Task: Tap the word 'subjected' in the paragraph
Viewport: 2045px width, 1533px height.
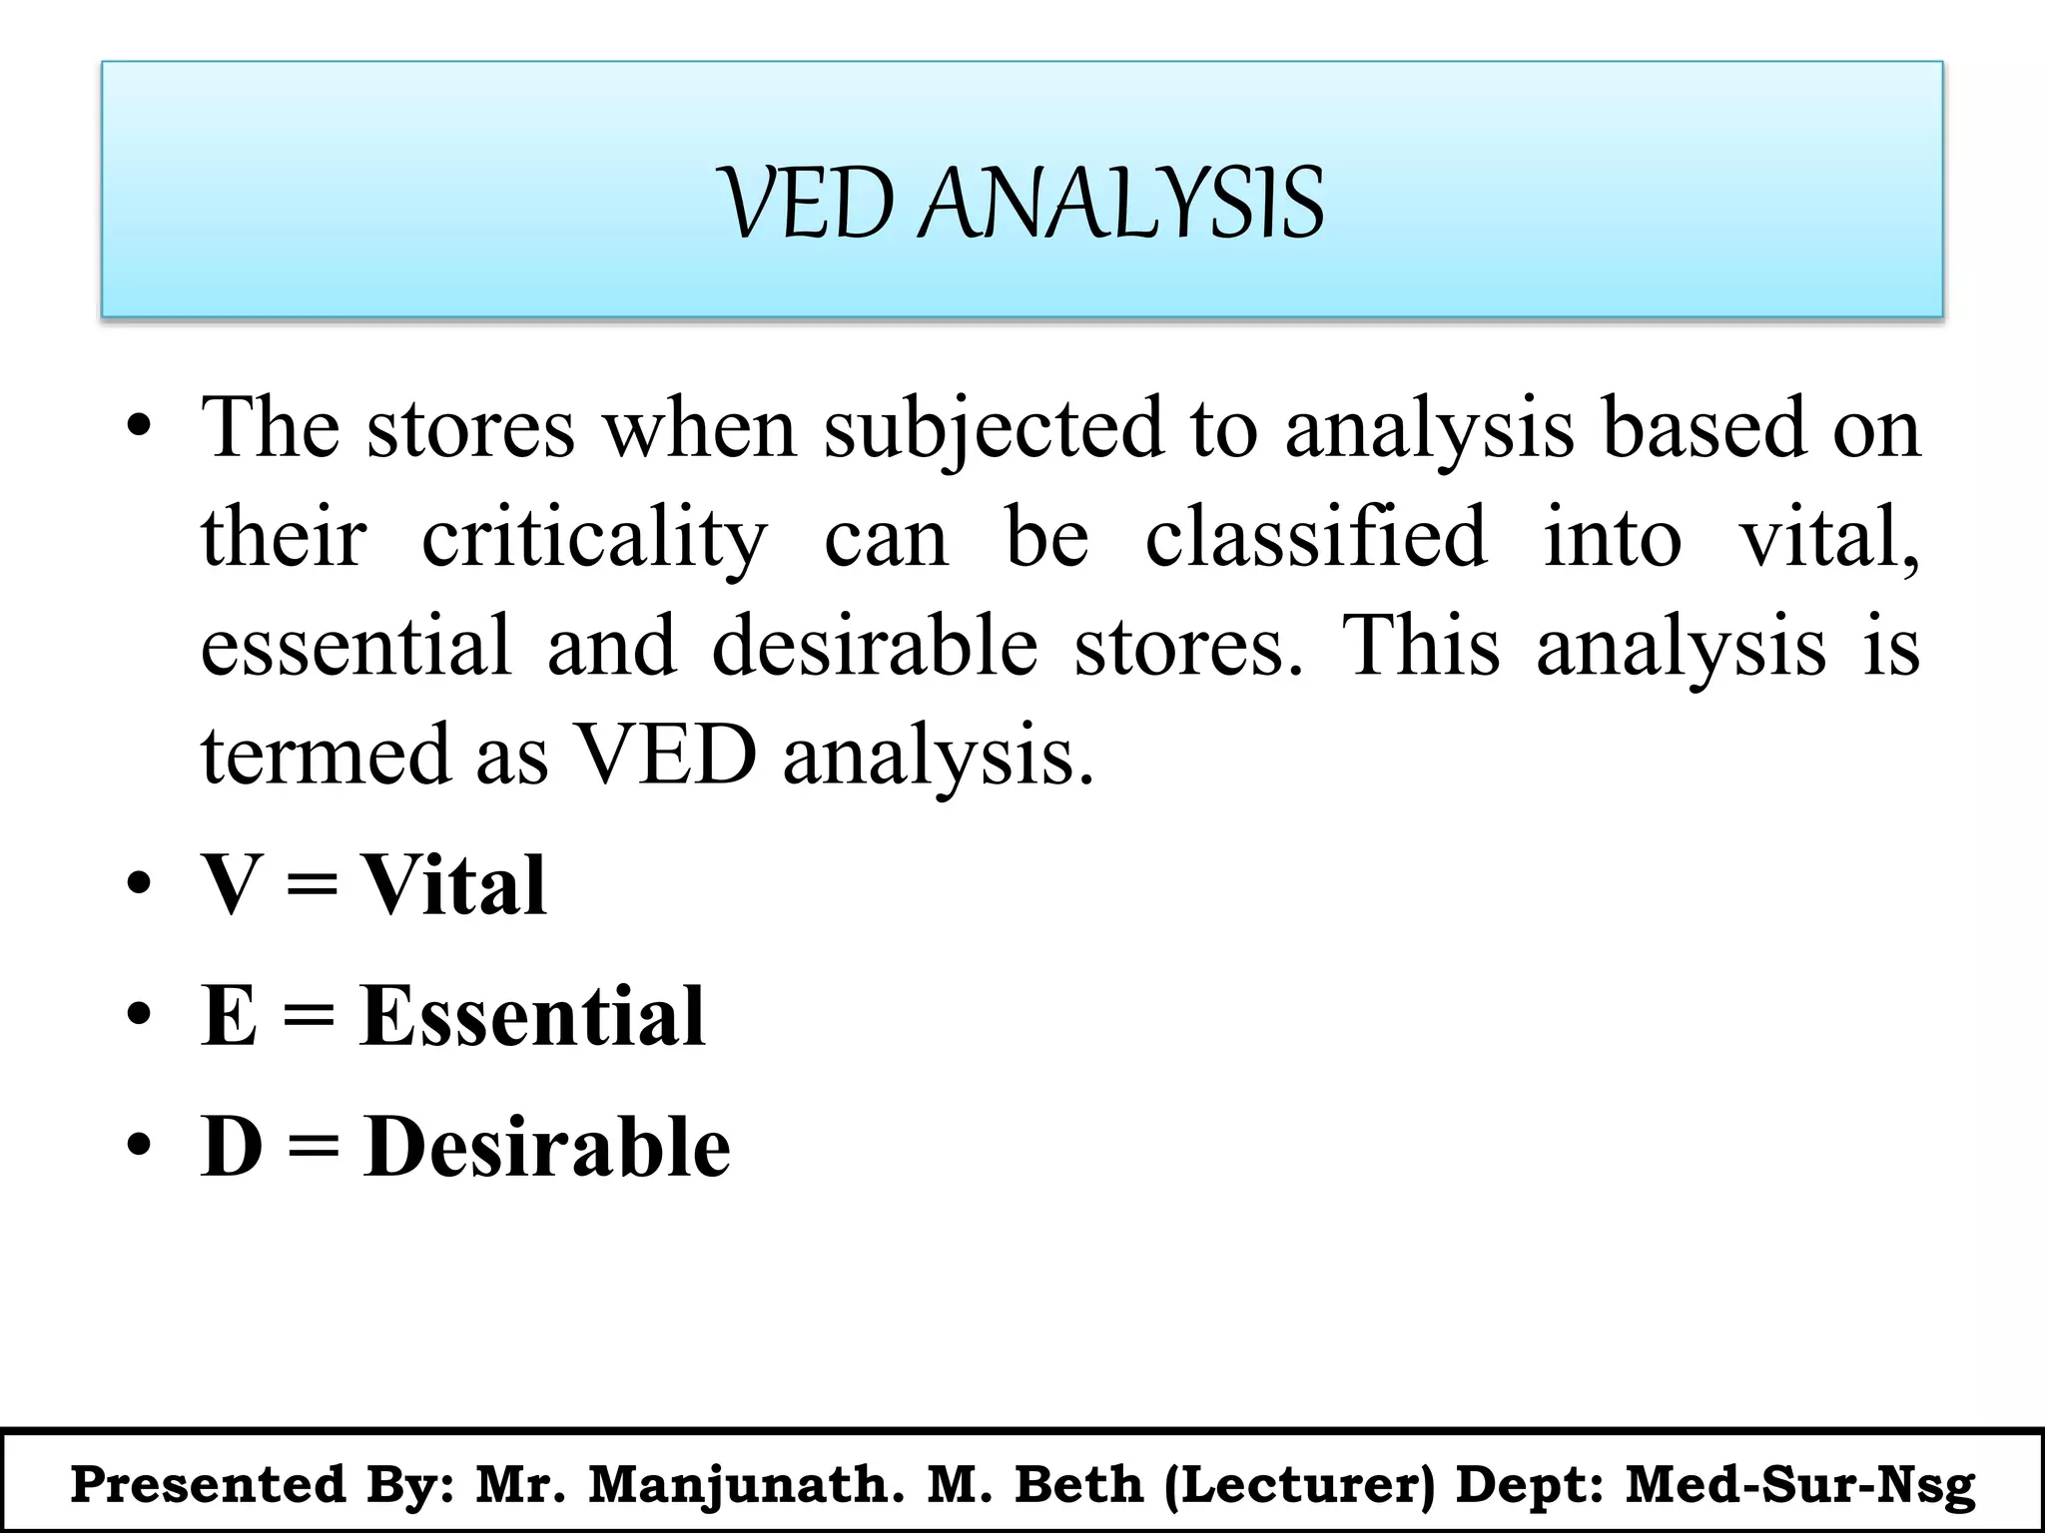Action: click(x=994, y=429)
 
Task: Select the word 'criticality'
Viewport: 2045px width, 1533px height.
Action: click(x=595, y=539)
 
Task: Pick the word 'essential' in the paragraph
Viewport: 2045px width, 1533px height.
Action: click(x=355, y=647)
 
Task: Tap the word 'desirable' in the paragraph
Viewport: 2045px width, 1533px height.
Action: click(x=875, y=647)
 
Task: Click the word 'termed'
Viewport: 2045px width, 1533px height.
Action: click(x=326, y=755)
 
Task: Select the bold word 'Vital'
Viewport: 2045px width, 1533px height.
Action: click(x=453, y=884)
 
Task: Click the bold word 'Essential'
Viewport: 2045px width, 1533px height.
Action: click(x=533, y=1015)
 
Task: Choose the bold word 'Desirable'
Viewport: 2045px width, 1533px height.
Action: click(x=547, y=1147)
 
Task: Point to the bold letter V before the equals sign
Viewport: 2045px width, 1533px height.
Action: click(x=233, y=884)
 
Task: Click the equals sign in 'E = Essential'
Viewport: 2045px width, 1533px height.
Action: click(x=309, y=1017)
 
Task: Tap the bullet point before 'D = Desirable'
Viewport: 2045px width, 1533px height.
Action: click(x=139, y=1145)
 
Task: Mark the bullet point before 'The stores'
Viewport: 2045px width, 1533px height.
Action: click(x=139, y=429)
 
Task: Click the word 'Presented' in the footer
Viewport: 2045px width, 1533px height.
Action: click(x=208, y=1485)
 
